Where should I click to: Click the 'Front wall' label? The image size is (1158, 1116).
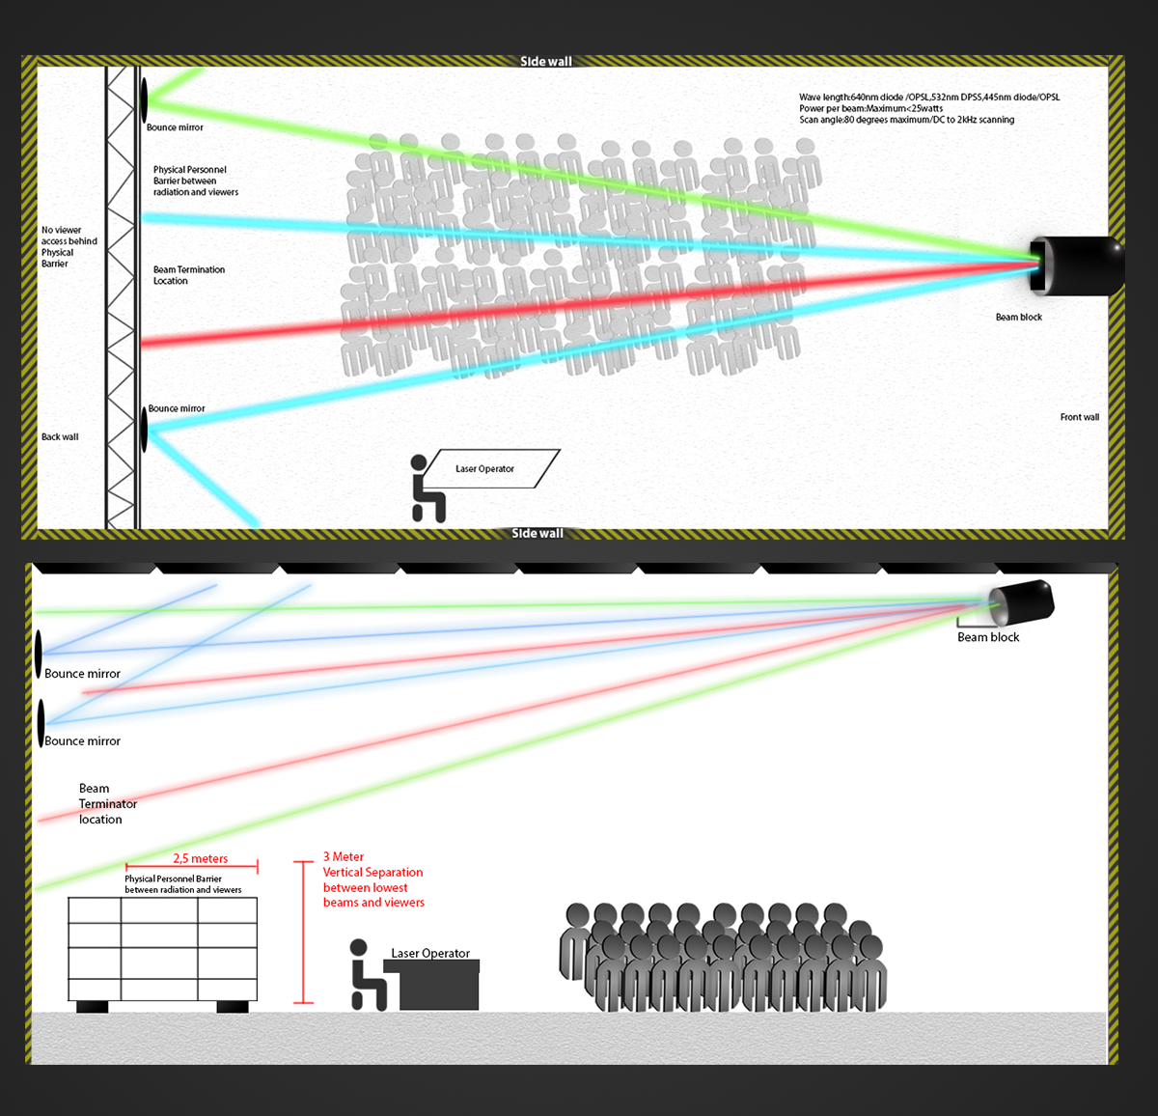pos(1080,417)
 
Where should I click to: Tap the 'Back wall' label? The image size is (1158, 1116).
pos(60,437)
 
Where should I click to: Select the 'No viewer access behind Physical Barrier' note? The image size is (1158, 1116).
pos(69,246)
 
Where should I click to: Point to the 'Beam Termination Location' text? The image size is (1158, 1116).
pos(189,275)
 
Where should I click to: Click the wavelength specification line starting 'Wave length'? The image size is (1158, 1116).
pos(929,97)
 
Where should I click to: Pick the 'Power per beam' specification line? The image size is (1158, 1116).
pos(870,108)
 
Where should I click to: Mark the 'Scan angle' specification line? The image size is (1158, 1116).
pos(906,120)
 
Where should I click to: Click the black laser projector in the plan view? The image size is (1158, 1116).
pos(1077,265)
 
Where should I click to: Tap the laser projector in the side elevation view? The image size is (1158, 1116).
pos(1021,602)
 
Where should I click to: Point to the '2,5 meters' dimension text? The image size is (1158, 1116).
pos(201,858)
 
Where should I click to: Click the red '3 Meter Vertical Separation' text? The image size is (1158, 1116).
pos(373,879)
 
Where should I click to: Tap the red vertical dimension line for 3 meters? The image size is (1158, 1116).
pos(303,932)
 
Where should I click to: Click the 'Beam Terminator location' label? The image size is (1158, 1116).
pos(108,803)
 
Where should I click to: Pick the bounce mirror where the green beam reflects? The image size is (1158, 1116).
pos(144,98)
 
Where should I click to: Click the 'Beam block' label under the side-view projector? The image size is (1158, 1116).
pos(988,637)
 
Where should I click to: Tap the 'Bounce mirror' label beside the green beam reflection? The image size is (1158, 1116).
pos(175,127)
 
